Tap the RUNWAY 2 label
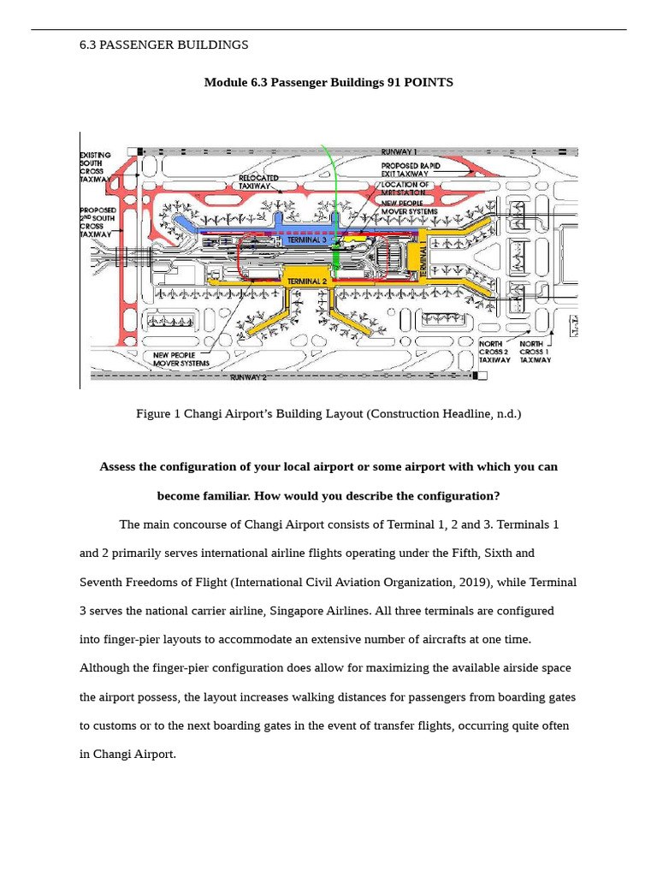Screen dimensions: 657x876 pos(248,376)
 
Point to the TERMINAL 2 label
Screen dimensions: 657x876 pos(306,281)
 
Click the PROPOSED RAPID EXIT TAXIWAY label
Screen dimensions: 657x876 pos(411,169)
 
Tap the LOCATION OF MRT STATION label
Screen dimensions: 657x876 pos(405,188)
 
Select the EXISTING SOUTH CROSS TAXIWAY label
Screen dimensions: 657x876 pos(96,168)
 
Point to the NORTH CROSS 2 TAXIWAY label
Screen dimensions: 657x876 pos(494,352)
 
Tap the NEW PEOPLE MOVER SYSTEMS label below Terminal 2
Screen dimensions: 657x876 pos(181,358)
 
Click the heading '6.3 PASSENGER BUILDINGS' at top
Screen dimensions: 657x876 pos(163,44)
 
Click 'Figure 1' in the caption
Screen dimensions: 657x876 pos(158,414)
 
